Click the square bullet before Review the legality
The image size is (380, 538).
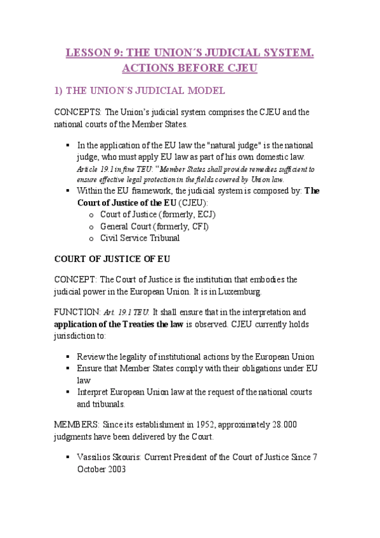[68, 357]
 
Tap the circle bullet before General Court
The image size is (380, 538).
[93, 226]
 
